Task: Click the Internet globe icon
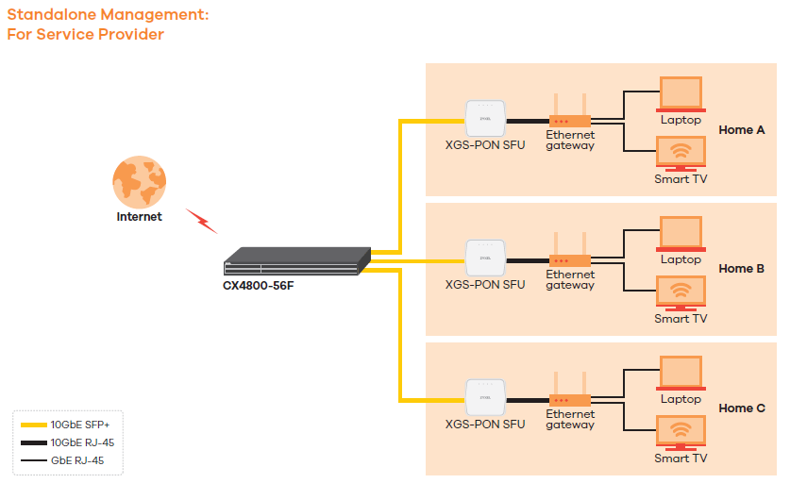click(139, 181)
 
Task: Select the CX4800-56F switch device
click(295, 260)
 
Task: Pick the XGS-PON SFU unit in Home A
click(485, 119)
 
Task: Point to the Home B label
click(742, 269)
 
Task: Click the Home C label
click(742, 408)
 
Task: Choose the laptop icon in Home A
click(681, 94)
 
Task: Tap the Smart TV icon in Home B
click(681, 292)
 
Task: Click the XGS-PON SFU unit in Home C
click(485, 397)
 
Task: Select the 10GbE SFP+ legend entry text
click(80, 425)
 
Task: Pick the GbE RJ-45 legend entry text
click(77, 460)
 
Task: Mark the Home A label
click(742, 129)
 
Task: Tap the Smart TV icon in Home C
click(681, 432)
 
